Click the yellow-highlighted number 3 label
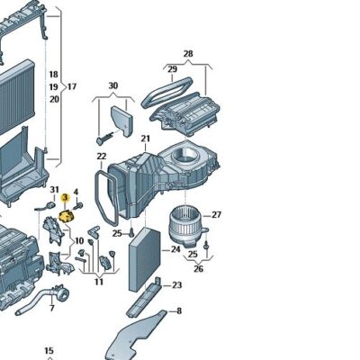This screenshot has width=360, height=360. pos(65,210)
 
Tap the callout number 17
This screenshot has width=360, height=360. pos(71,86)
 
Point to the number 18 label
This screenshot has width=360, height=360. pos(53,74)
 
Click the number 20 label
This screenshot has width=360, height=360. pos(53,99)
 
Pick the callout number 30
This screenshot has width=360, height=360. pos(113,86)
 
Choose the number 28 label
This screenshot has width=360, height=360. pos(188,54)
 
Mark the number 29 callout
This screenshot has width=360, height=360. pos(171,68)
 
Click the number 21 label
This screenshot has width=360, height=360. pos(145,138)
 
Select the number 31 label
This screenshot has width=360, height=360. pos(54,189)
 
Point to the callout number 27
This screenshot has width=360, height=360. pos(216,215)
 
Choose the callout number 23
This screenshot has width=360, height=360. pos(176,285)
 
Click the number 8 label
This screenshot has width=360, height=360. pos(178,311)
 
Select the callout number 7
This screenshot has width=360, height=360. pos(51,309)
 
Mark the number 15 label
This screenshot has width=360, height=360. pos(49,350)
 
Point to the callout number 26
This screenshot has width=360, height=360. pos(198,267)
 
